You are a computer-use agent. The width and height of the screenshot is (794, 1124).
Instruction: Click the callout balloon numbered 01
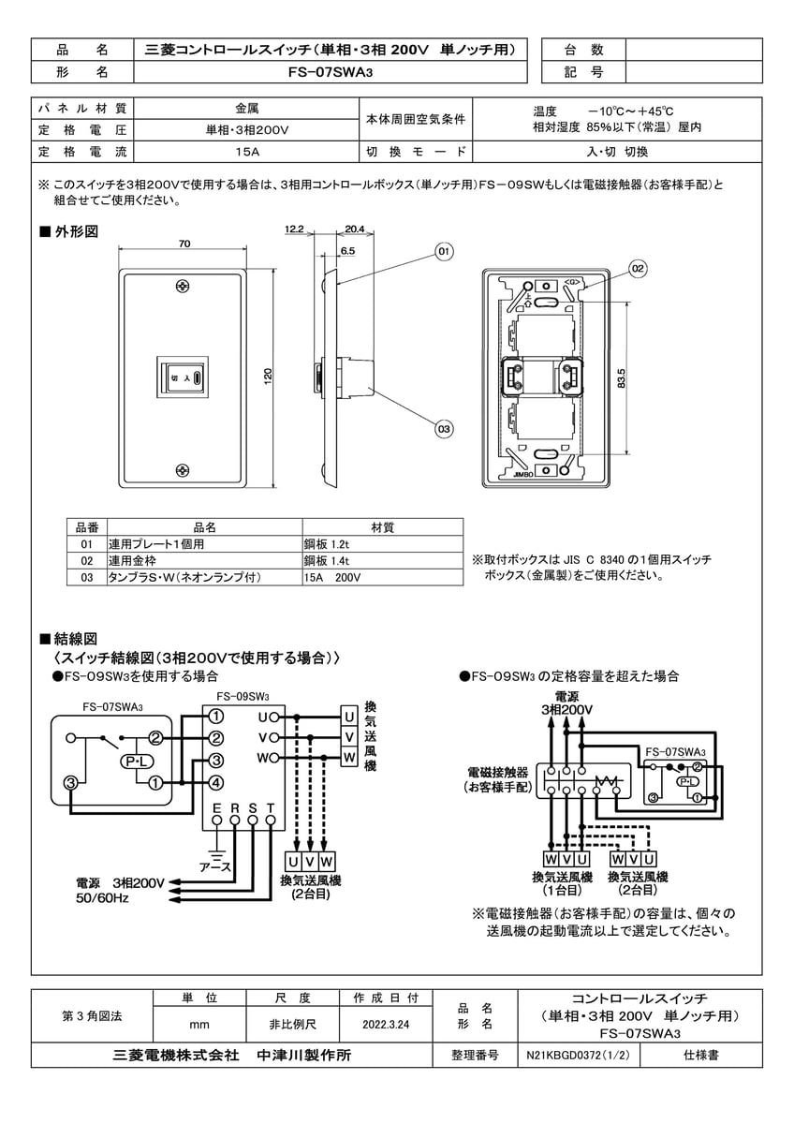(x=443, y=251)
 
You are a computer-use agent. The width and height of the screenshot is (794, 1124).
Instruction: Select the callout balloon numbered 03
(x=443, y=429)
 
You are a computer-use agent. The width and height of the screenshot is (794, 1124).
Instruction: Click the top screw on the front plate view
(x=184, y=285)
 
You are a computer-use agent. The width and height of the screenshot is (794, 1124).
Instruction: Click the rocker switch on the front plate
(x=184, y=377)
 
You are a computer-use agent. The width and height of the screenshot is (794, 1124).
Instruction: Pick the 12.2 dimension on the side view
(x=294, y=228)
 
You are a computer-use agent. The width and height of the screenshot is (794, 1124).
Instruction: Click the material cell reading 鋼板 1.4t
(x=326, y=560)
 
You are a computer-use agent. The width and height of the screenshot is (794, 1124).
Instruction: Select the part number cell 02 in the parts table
(x=87, y=560)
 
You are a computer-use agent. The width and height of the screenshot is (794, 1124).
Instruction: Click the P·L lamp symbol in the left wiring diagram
(x=132, y=762)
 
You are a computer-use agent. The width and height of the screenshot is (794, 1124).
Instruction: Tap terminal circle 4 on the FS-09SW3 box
(x=215, y=782)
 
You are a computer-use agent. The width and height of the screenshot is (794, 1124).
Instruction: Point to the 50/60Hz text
(x=103, y=898)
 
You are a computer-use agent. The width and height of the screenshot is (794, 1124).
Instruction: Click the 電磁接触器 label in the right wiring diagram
(x=498, y=773)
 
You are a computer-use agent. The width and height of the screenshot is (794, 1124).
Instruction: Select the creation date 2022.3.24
(x=387, y=1025)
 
